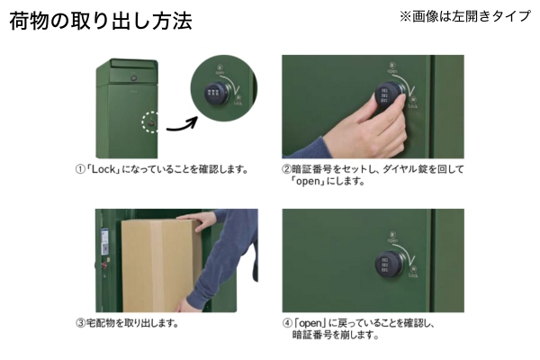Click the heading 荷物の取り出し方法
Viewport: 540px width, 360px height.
[101, 22]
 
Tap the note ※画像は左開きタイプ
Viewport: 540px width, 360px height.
[465, 16]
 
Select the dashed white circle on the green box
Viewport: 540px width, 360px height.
[149, 122]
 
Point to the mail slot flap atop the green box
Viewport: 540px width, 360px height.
[133, 64]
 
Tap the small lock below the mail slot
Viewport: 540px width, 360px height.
[133, 78]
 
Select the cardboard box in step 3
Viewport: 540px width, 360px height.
[161, 265]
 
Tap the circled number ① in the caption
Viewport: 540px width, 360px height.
[80, 169]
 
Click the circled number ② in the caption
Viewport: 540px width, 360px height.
[286, 169]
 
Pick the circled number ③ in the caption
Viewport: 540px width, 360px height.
[80, 323]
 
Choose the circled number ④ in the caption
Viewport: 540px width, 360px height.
[287, 323]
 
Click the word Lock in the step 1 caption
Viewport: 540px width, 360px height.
[103, 169]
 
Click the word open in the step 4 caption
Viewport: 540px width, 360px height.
[310, 323]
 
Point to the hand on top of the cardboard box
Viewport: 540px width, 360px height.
[197, 219]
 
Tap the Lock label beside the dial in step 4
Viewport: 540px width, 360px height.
[413, 275]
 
